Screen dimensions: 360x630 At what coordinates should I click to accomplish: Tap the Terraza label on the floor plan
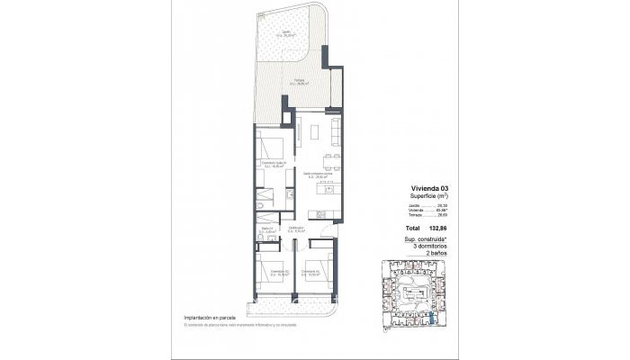(272, 80)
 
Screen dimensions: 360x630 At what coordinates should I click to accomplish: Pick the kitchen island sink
(322, 191)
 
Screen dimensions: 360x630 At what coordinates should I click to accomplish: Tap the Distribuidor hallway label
(295, 229)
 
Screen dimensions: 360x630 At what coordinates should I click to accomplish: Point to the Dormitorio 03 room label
(311, 271)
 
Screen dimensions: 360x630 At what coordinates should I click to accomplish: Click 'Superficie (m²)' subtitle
(428, 196)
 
